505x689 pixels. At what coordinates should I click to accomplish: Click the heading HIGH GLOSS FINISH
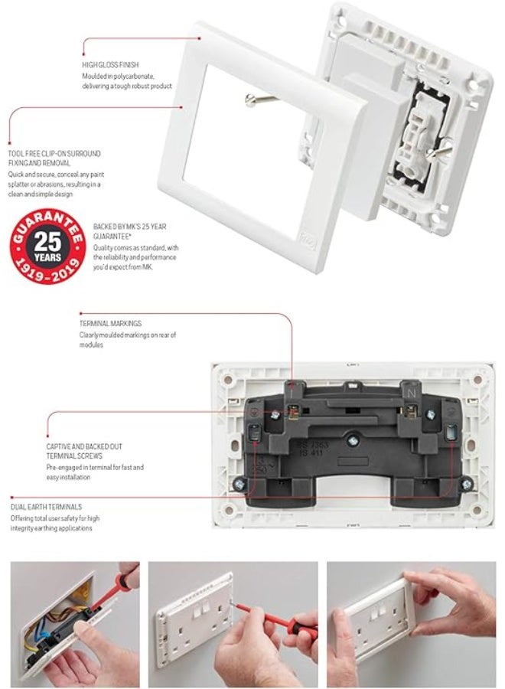111,64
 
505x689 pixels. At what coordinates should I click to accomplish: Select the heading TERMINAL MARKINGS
110,324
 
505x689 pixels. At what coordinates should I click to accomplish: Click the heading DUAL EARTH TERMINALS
46,507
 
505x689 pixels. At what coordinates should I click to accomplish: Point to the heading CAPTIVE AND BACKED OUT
84,446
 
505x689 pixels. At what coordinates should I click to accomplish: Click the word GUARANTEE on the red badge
47,223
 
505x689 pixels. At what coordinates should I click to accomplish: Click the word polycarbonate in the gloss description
142,77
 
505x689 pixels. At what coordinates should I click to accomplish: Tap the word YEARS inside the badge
47,257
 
